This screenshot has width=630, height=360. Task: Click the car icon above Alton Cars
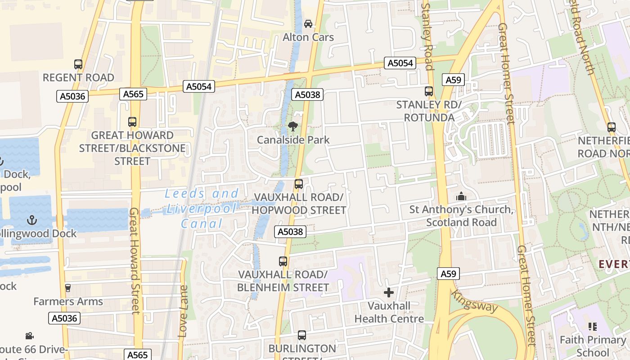tap(308, 24)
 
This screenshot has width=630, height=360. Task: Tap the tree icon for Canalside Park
tap(293, 126)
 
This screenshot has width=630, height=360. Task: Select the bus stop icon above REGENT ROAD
tap(78, 64)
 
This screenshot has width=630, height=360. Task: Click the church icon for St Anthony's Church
tap(461, 197)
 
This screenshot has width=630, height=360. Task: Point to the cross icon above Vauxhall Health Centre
tap(389, 293)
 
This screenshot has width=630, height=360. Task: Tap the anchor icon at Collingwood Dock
tap(31, 220)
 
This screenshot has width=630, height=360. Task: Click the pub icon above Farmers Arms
tap(68, 288)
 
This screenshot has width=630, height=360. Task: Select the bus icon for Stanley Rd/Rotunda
tap(429, 91)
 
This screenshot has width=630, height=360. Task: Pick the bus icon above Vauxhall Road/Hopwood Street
tap(299, 184)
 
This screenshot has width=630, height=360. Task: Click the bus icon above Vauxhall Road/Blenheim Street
tap(283, 261)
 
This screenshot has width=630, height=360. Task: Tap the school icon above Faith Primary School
tap(592, 327)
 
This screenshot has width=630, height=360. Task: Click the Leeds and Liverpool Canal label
tap(202, 208)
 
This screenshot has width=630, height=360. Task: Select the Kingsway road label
tap(475, 301)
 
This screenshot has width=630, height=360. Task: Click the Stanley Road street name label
tap(427, 36)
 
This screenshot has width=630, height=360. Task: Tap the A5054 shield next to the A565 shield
tap(198, 86)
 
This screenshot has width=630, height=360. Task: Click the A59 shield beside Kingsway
tap(448, 274)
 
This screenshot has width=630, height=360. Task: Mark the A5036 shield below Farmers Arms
tap(64, 319)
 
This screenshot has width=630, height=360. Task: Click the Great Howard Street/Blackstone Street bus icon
tap(132, 122)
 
